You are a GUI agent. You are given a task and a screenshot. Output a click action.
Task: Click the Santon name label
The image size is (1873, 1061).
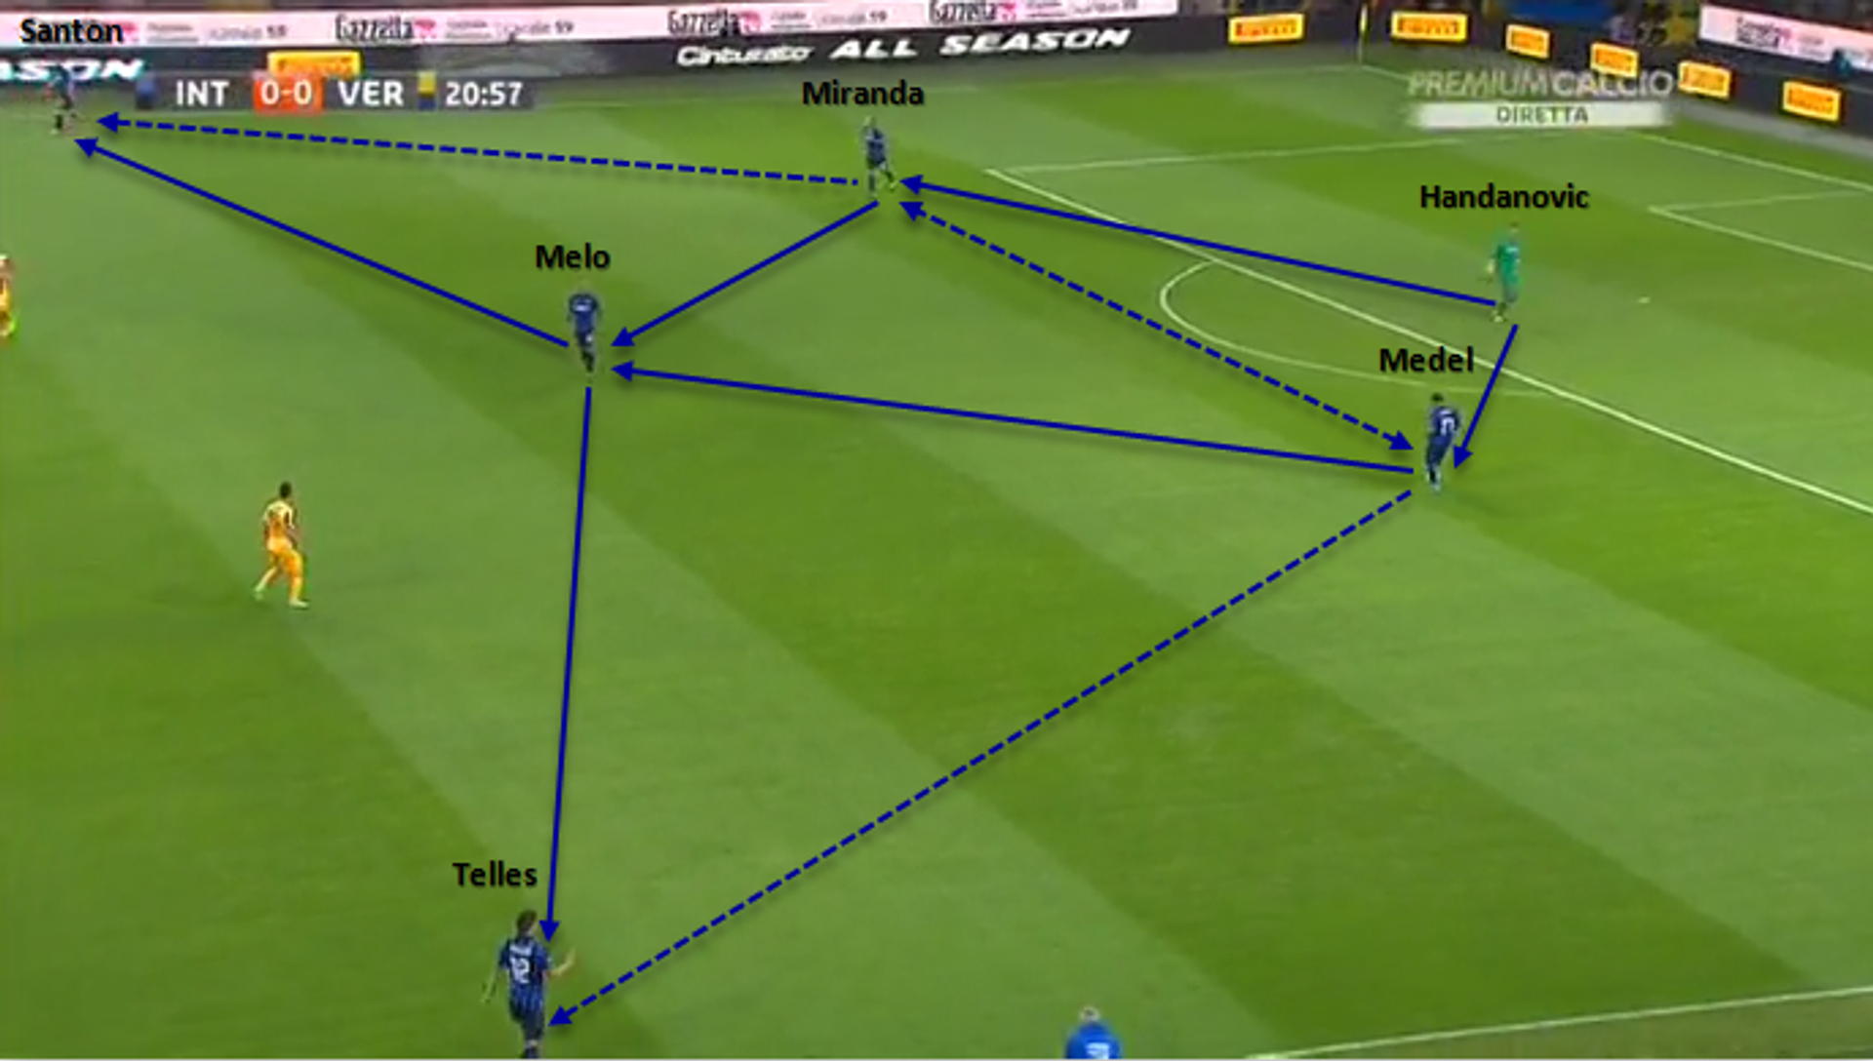[x=70, y=32]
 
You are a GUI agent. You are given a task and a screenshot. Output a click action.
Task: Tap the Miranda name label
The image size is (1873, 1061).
[x=862, y=94]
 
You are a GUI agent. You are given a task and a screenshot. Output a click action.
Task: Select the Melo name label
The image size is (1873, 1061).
[x=572, y=257]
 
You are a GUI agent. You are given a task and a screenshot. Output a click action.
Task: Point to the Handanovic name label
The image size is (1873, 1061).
[x=1503, y=197]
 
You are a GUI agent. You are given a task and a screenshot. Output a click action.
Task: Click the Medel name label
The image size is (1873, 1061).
[x=1425, y=361]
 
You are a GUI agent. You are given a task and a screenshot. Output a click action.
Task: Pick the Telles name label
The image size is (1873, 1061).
[x=495, y=875]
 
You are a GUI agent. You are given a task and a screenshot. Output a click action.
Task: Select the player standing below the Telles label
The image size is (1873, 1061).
[x=523, y=980]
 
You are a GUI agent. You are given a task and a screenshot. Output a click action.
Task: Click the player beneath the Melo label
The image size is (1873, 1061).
[x=584, y=327]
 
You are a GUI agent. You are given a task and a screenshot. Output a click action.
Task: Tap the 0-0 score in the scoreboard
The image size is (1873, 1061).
[x=286, y=94]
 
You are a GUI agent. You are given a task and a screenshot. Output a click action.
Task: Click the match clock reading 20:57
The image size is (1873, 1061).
[x=484, y=94]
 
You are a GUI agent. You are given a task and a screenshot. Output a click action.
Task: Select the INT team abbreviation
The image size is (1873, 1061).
[x=201, y=94]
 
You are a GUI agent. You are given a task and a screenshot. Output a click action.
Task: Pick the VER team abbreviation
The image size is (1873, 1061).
[x=371, y=94]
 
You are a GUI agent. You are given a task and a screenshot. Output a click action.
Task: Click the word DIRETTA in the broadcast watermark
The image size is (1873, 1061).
[x=1541, y=115]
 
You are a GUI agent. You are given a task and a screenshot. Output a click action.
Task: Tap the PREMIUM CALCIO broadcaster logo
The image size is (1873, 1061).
[x=1539, y=84]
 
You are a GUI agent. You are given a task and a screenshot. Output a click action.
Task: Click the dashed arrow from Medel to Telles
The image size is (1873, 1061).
[x=976, y=761]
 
